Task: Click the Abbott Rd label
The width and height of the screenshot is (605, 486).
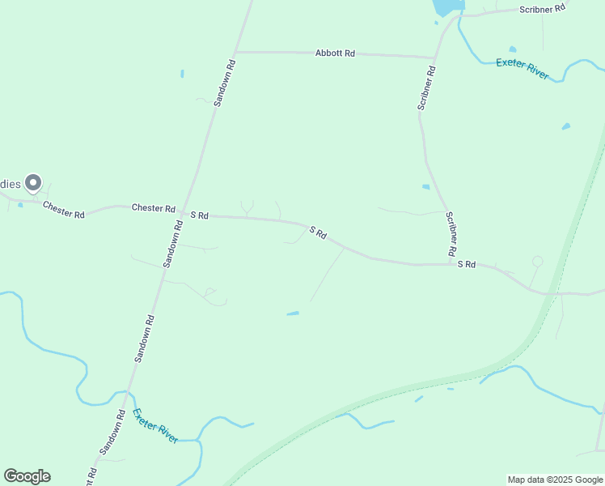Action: [335, 53]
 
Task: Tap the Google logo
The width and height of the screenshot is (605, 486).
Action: [27, 476]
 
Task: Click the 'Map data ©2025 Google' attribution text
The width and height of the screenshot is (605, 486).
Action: [555, 480]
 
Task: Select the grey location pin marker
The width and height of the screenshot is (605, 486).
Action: [33, 184]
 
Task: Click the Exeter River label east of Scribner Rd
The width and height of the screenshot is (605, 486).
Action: [522, 67]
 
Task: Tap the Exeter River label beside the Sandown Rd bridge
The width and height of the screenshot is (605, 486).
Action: [155, 425]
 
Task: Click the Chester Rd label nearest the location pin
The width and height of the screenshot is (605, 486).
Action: [64, 210]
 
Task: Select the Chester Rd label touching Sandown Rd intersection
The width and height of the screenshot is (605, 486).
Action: [154, 208]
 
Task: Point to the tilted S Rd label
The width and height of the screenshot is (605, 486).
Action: [318, 233]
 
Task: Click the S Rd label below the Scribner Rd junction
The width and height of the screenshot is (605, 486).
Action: [466, 264]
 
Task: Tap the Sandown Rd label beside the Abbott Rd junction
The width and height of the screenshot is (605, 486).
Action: [224, 83]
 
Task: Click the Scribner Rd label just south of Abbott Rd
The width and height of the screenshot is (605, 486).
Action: [426, 87]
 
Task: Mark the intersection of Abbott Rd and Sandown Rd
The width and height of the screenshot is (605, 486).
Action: [235, 52]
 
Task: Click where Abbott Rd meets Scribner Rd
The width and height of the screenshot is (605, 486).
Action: [434, 58]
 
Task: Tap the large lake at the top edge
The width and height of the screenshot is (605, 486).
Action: [447, 6]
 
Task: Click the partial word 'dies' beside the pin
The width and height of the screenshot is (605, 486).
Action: [10, 184]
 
